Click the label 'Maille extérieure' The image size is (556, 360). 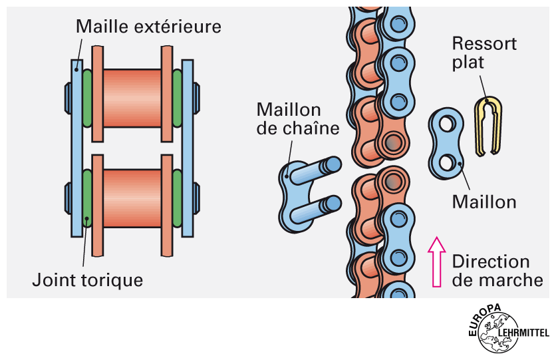(148, 27)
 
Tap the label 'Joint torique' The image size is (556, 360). (87, 279)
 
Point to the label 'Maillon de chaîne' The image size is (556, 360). (289, 118)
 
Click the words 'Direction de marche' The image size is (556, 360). (497, 271)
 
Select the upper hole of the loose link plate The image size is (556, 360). (445, 124)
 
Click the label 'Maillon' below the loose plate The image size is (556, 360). (484, 200)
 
